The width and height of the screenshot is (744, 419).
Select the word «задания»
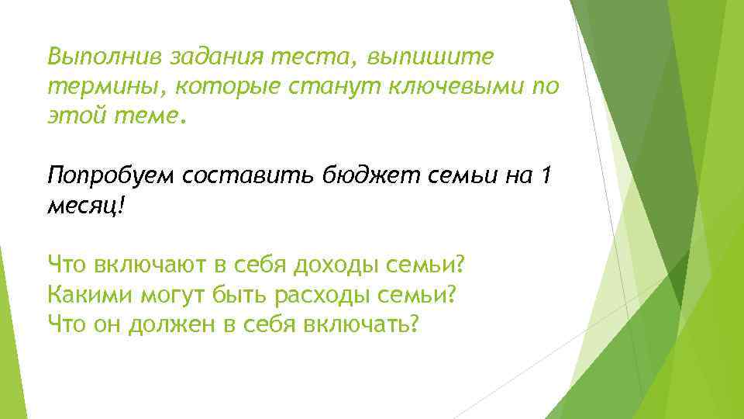coord(217,57)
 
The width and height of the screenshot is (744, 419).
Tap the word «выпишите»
coord(435,57)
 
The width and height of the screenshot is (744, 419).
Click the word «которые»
coord(216,86)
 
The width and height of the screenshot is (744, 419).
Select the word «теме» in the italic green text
coord(150,116)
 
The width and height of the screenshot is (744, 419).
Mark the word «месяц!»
coord(85,205)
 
